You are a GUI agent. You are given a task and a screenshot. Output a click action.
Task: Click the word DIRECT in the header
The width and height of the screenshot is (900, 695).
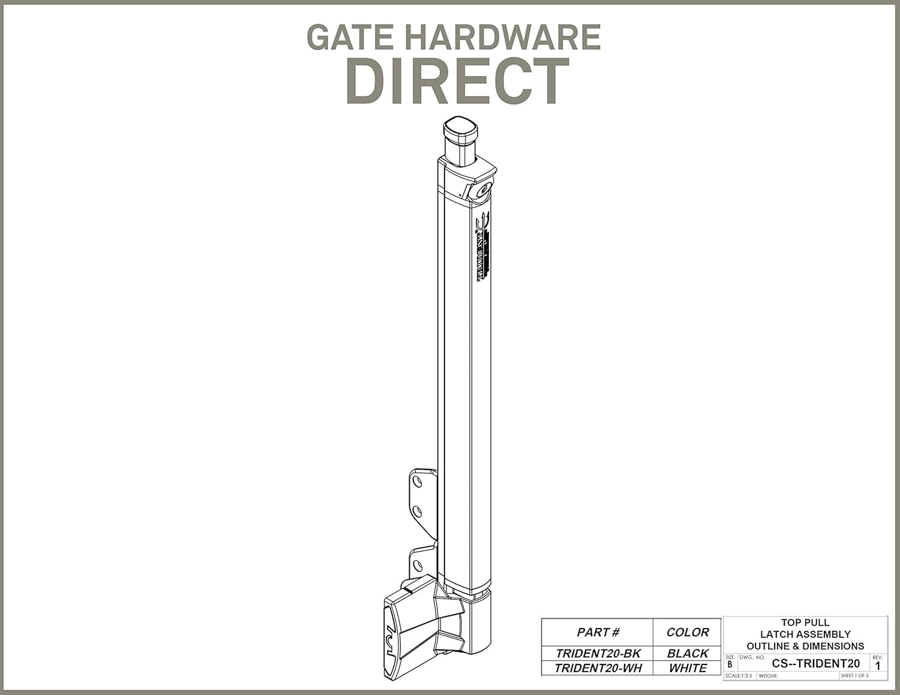(x=457, y=82)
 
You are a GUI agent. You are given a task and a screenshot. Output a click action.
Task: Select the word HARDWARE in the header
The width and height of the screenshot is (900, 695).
(x=502, y=37)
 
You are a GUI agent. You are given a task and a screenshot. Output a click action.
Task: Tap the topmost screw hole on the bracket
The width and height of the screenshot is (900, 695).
(x=418, y=481)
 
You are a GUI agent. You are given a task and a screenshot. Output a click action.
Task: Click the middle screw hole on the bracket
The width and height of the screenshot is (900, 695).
(x=418, y=511)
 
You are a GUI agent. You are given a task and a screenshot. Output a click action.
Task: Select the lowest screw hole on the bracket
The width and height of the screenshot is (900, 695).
(x=418, y=564)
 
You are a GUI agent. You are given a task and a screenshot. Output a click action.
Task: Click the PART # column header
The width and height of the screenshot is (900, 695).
(x=597, y=632)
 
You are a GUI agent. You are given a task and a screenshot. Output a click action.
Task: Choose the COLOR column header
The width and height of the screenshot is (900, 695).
(x=688, y=632)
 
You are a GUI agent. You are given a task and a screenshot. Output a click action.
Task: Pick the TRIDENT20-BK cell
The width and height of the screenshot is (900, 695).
(x=598, y=654)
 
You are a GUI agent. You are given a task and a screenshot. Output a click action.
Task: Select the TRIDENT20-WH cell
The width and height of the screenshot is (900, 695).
(x=598, y=668)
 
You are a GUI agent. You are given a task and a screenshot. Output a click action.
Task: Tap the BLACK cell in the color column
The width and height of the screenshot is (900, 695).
(x=688, y=654)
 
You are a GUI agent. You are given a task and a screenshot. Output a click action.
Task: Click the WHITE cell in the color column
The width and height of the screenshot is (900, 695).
(x=688, y=668)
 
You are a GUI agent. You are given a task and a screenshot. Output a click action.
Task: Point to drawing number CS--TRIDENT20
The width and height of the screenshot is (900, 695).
(x=815, y=663)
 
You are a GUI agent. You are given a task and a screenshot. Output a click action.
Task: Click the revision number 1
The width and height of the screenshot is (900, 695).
(x=878, y=666)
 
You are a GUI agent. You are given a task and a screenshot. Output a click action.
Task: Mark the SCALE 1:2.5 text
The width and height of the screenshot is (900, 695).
(x=739, y=676)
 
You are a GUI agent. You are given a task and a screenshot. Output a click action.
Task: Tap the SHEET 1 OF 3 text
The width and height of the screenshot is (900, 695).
(x=854, y=676)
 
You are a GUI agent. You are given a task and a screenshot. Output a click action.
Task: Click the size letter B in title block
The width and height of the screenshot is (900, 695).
(x=730, y=664)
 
